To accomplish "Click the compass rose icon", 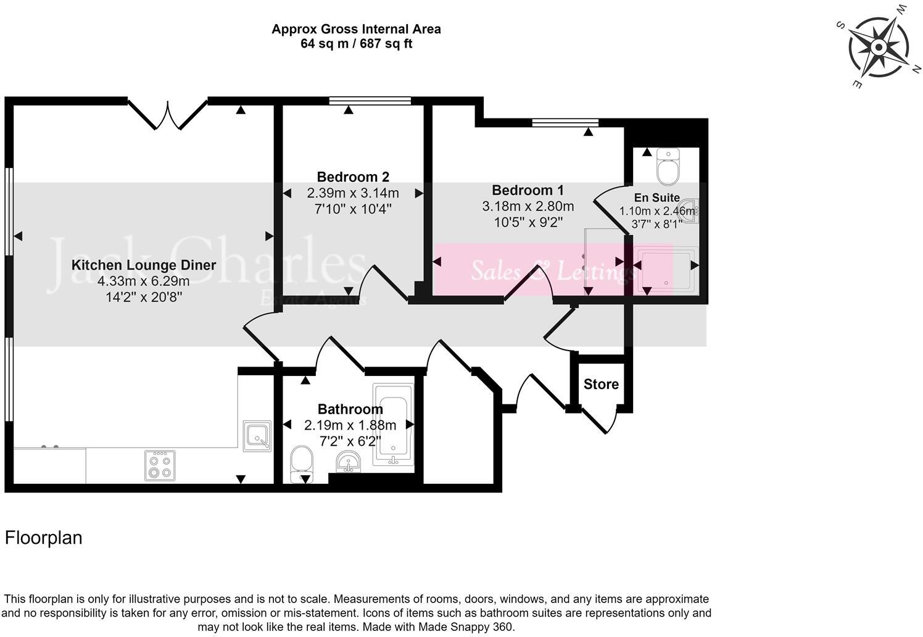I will tap(879, 47).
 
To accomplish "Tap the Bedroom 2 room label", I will tap(353, 177).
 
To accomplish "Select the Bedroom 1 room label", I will tap(528, 190).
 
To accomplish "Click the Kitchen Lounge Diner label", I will tap(144, 265).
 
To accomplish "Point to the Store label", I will tap(601, 384).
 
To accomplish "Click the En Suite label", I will tap(656, 198).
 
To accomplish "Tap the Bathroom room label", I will tap(350, 409).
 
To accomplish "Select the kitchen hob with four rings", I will tap(160, 465).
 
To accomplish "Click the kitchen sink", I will tap(257, 436).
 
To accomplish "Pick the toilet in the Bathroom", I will tap(302, 463).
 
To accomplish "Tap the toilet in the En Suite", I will tap(668, 167).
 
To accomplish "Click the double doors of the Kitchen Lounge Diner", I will tap(167, 114).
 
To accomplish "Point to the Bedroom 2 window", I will tap(370, 101).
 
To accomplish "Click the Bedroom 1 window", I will tap(565, 122).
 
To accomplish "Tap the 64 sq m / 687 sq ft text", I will tap(356, 44).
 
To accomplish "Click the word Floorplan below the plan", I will tap(43, 538).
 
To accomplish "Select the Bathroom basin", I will tap(350, 462).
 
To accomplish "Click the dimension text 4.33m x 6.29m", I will tap(143, 281).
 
